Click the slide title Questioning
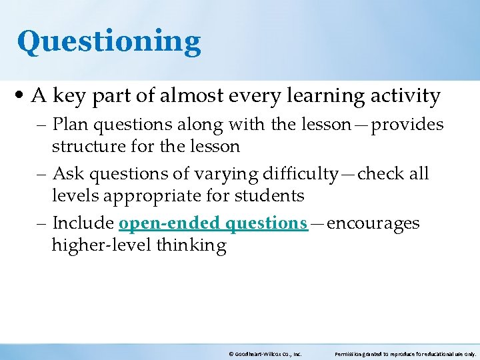point(109,41)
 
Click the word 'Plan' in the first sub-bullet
point(68,125)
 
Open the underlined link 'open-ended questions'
point(213,223)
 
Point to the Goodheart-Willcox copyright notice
point(265,355)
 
